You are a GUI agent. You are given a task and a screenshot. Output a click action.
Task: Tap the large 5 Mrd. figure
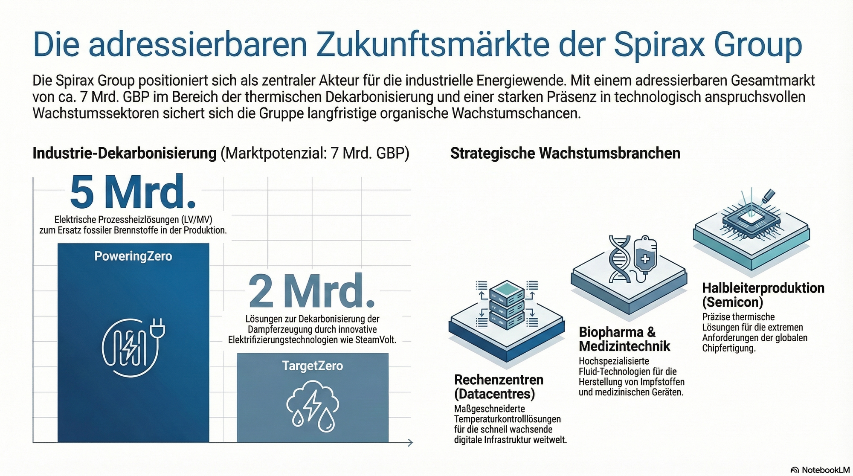133,192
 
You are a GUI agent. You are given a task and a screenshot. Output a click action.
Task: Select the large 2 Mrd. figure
312,292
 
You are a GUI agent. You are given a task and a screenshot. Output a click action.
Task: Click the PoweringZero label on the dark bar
133,256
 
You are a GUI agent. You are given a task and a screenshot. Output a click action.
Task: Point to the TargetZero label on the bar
312,366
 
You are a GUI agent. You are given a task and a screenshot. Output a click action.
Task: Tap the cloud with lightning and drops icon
313,407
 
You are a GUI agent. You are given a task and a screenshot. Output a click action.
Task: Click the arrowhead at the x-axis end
410,443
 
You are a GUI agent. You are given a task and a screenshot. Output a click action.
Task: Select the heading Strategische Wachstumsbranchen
565,154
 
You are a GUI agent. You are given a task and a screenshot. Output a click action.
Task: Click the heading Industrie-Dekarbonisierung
125,154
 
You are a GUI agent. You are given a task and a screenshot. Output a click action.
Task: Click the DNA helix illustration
619,259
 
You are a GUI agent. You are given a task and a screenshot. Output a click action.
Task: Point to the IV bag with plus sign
645,256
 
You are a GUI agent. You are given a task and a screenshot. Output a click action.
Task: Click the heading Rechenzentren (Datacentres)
499,386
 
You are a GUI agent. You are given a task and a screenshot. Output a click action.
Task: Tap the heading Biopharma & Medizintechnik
624,339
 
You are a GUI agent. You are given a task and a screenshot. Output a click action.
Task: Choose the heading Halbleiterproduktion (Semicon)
763,295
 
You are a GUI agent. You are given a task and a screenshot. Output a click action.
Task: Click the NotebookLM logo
820,470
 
